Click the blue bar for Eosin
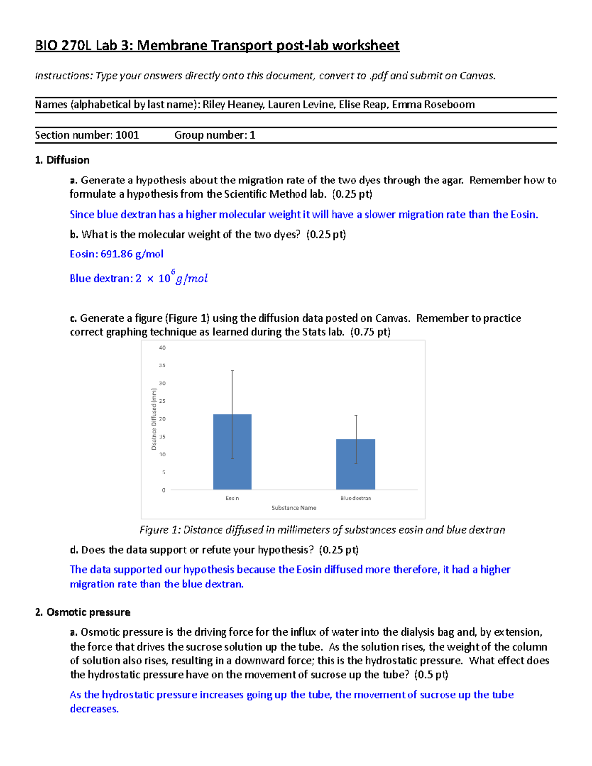click(x=232, y=452)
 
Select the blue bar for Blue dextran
click(x=356, y=464)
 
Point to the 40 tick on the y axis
click(x=162, y=348)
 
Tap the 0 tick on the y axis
click(x=164, y=490)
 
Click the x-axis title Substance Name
click(x=294, y=508)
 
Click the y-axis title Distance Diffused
click(x=154, y=419)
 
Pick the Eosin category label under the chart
click(x=232, y=498)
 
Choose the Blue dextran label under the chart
click(x=356, y=498)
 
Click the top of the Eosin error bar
click(x=232, y=371)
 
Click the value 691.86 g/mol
click(x=132, y=254)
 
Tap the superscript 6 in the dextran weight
click(x=173, y=272)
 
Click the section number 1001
click(x=127, y=135)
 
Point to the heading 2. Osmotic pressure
click(x=83, y=612)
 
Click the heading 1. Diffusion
click(x=62, y=160)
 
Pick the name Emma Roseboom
click(x=433, y=105)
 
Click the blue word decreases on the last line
click(x=94, y=709)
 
